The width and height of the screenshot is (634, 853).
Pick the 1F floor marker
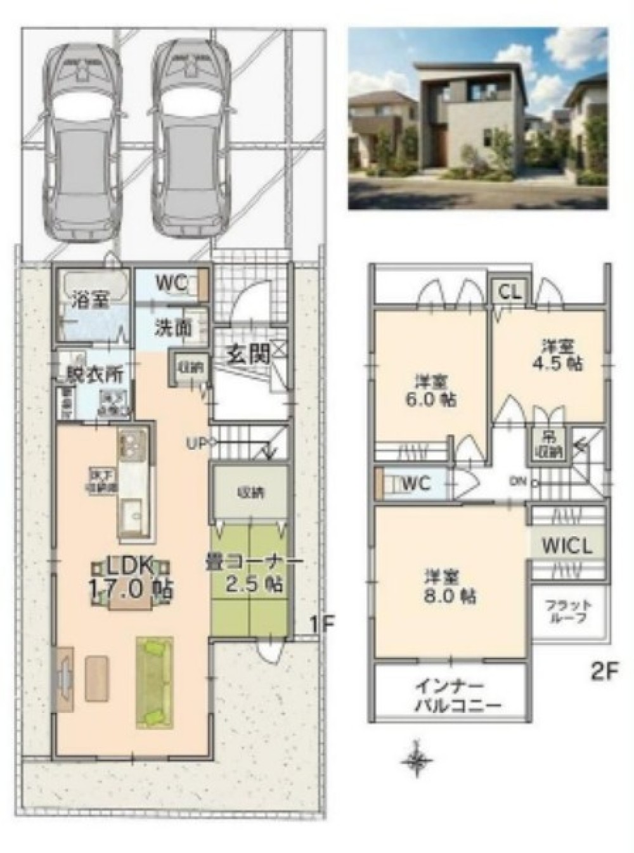321,624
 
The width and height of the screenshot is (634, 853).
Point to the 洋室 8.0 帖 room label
450,587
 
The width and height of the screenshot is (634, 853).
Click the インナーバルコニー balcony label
450,695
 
